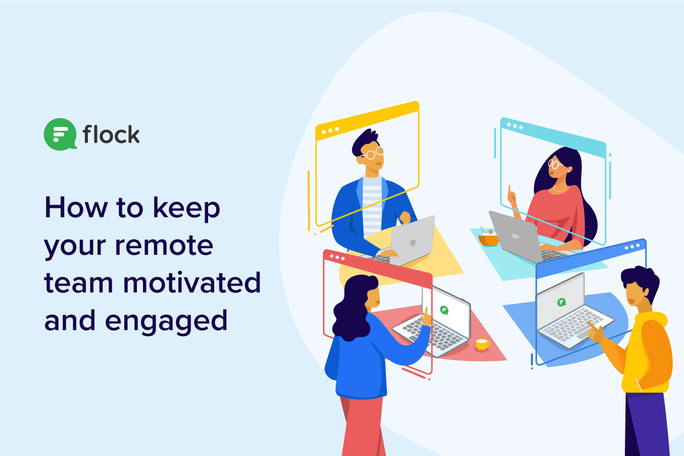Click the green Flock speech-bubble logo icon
point(60,134)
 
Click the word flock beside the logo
point(111,134)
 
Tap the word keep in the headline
point(186,208)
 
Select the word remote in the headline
point(164,245)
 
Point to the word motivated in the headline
point(192,283)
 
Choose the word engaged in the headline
point(166,321)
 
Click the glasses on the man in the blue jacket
point(372,153)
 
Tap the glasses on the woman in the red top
point(554,164)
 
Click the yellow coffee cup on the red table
point(482,344)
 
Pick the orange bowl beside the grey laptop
point(488,239)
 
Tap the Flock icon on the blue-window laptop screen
point(562,302)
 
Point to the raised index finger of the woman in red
point(509,190)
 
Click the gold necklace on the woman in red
point(559,189)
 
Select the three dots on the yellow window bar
point(330,131)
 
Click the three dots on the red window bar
point(337,257)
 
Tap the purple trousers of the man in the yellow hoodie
point(648,424)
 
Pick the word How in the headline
point(76,207)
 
